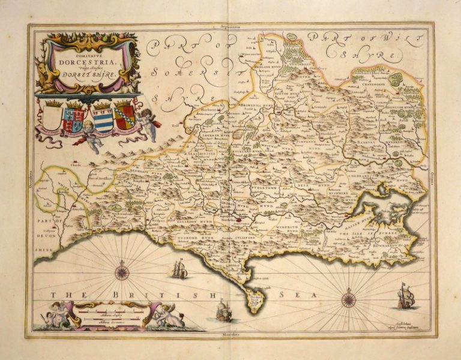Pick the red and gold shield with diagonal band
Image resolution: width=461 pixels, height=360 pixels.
point(124,114)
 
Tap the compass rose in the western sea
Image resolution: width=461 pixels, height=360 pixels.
point(122,273)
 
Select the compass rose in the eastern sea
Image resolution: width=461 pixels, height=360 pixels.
point(349,298)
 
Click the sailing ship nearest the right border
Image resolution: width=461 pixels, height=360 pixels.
point(406,296)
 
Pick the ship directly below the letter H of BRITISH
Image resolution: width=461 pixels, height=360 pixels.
point(223,311)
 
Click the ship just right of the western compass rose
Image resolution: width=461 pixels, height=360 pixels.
point(179,269)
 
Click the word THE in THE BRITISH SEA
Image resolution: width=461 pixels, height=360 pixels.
point(63,295)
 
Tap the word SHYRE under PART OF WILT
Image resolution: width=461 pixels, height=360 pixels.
point(370,56)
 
